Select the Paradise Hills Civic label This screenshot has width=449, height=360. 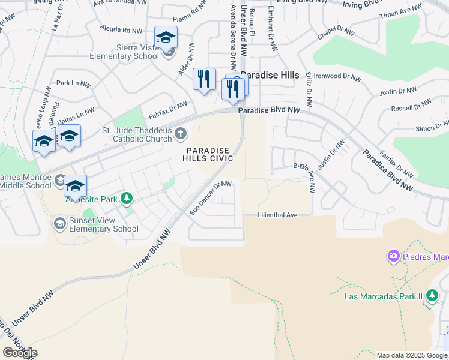[208, 154]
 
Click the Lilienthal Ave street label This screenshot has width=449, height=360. [277, 214]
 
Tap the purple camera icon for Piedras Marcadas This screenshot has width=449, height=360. [394, 257]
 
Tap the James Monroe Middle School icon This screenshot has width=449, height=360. [59, 180]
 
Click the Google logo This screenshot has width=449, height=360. [20, 353]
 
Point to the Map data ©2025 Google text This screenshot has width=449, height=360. [412, 355]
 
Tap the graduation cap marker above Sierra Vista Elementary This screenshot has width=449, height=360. [166, 38]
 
